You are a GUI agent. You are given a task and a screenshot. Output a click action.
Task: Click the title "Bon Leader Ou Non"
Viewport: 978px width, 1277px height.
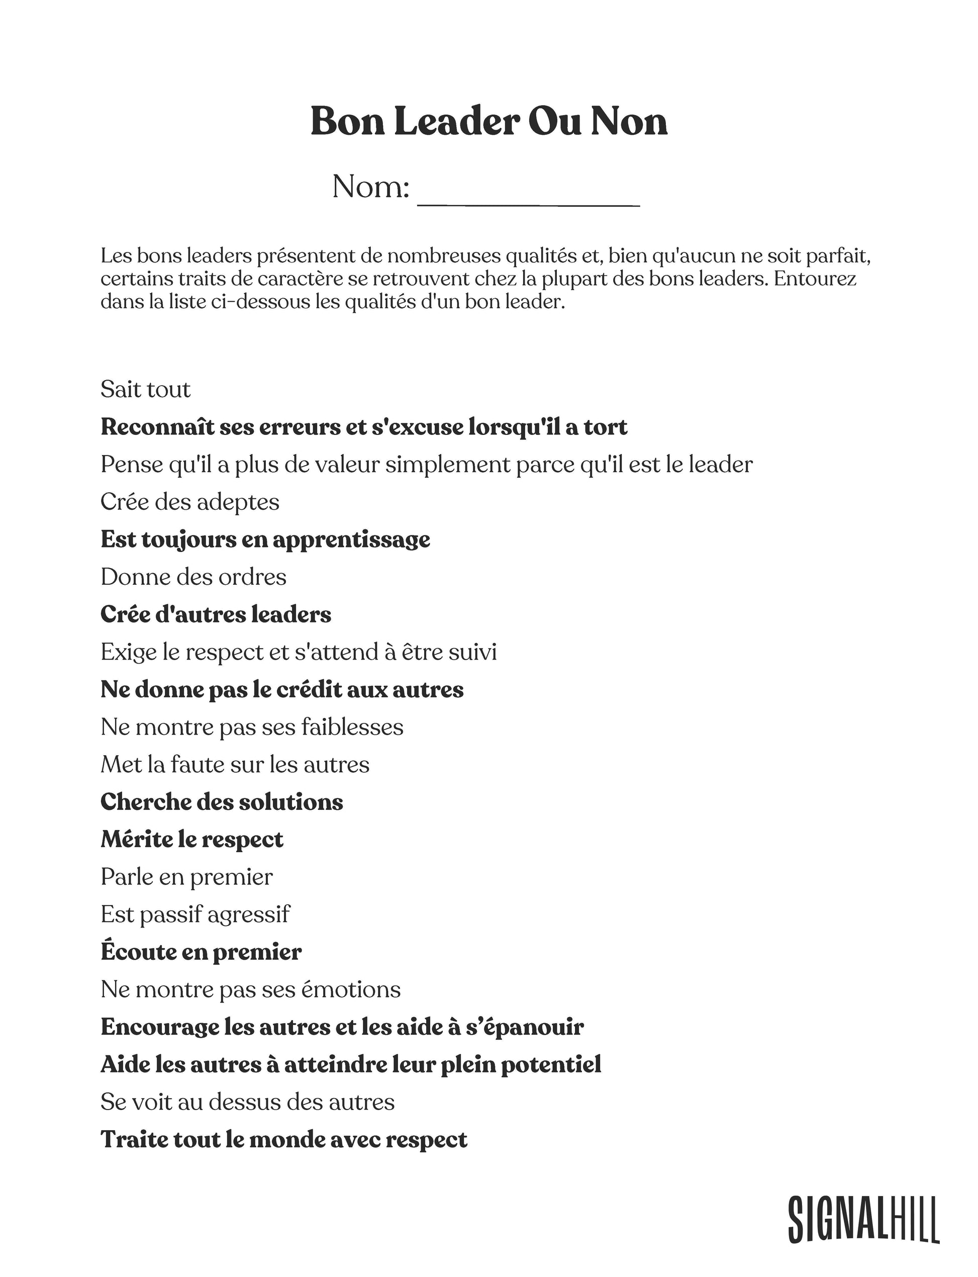point(488,122)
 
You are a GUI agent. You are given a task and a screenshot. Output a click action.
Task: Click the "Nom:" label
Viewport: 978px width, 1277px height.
point(371,187)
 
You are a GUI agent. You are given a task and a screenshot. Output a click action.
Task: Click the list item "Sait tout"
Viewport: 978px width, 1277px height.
point(146,390)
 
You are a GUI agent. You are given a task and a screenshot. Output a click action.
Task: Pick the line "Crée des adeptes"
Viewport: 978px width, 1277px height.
point(190,502)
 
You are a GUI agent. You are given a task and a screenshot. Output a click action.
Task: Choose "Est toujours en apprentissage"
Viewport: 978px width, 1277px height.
point(265,540)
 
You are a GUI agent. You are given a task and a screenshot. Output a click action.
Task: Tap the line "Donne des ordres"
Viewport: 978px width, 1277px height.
point(193,577)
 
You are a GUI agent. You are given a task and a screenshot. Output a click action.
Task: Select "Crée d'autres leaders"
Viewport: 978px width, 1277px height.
point(216,614)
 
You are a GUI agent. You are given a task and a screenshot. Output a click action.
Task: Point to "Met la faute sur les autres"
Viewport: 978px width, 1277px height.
point(235,765)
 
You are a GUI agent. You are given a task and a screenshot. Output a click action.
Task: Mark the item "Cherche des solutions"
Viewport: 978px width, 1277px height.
point(222,802)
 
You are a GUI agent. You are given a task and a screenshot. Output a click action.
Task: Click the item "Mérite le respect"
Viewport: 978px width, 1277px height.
point(192,840)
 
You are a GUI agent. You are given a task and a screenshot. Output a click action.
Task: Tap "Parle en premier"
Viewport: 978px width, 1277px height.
point(186,877)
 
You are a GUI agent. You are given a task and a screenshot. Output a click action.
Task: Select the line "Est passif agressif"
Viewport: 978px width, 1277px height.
point(195,915)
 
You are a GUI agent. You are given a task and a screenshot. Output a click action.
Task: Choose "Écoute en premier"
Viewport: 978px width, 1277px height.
point(201,952)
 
